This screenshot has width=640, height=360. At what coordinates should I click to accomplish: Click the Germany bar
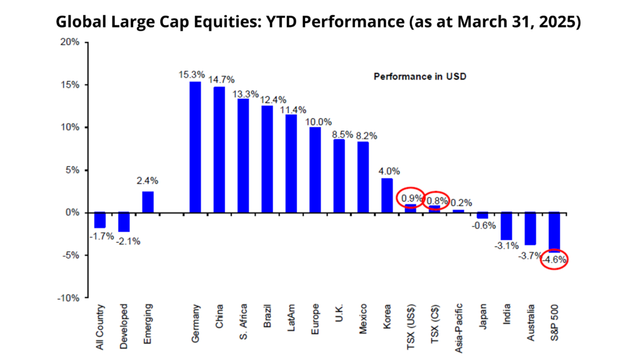tap(195, 147)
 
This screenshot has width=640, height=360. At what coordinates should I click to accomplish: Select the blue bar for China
tap(219, 150)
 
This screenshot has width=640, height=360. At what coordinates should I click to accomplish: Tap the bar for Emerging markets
tap(147, 202)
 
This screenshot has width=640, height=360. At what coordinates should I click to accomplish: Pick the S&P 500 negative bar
tap(554, 232)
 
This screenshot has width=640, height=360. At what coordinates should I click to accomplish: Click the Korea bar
tap(387, 196)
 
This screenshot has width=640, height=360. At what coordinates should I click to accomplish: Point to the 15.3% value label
tap(191, 75)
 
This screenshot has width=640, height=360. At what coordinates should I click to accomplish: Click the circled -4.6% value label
tap(554, 259)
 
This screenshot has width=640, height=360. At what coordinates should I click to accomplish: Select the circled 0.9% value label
tap(411, 198)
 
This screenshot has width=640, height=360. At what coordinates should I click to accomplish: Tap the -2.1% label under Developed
tap(128, 241)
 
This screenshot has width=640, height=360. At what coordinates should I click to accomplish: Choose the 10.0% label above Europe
tap(318, 122)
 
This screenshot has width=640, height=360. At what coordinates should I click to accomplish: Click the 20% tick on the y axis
tap(70, 42)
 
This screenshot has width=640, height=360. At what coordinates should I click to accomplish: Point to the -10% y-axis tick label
tap(68, 298)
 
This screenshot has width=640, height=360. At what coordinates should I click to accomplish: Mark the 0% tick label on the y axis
tap(72, 212)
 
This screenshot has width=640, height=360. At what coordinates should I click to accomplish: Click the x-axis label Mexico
tap(363, 319)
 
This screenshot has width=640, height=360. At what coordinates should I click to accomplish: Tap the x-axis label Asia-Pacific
tap(459, 328)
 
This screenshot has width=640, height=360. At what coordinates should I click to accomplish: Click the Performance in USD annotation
tap(420, 77)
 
